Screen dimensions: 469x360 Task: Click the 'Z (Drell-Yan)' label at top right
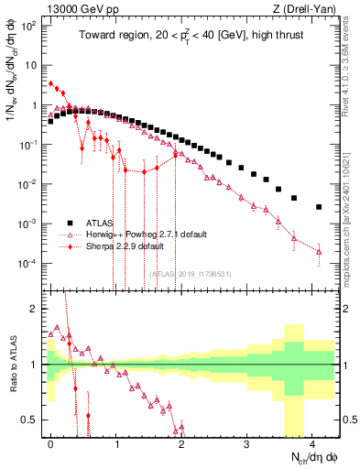point(307,8)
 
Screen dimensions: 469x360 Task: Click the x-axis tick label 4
point(311,442)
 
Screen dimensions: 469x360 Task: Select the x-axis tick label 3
point(246,442)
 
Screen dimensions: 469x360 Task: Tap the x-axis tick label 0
point(51,442)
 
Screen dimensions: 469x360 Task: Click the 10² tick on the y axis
point(29,26)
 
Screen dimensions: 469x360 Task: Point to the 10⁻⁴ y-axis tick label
point(29,263)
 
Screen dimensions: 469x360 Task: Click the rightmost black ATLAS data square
point(319,207)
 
